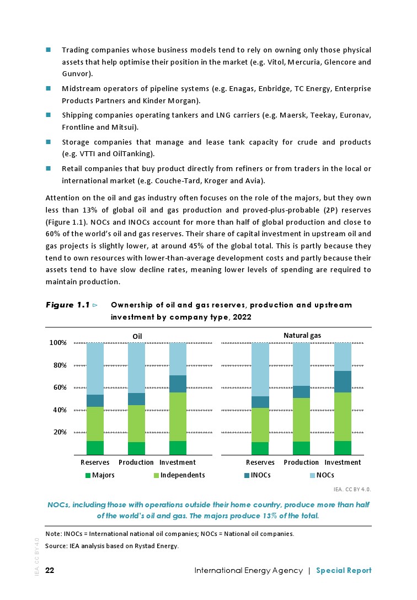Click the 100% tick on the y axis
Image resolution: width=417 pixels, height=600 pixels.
[58, 343]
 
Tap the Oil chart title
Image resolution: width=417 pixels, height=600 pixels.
[137, 336]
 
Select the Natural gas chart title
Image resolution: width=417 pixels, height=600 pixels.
[302, 335]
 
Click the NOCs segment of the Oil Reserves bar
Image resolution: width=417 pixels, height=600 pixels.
[95, 368]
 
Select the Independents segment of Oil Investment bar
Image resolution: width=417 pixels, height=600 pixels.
[178, 417]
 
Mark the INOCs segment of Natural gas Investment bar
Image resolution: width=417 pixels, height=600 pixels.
[343, 381]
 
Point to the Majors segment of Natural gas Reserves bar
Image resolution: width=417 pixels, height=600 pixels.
[260, 448]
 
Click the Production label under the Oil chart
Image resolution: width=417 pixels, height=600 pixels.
[136, 462]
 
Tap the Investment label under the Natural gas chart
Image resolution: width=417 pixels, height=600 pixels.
[343, 462]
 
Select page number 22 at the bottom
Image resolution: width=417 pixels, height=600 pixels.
[50, 570]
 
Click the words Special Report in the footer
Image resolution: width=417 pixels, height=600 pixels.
[344, 570]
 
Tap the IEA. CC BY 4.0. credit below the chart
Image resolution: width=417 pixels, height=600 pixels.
[352, 489]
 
